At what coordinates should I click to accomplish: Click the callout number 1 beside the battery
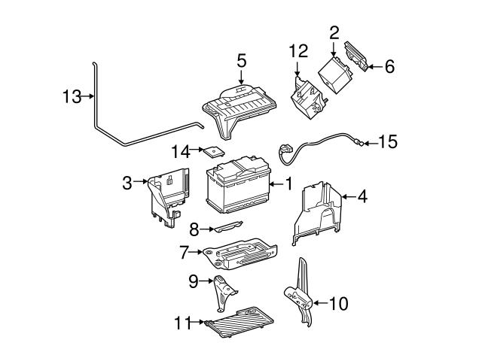[288, 183]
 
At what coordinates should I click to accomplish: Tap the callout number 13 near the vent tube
[71, 96]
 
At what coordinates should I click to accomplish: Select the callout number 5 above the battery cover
[241, 60]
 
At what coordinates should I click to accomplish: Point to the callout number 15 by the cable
[388, 141]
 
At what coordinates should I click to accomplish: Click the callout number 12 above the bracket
[299, 51]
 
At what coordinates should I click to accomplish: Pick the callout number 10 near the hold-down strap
[339, 304]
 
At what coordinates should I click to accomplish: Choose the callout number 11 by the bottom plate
[184, 325]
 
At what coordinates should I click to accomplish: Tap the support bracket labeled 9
[223, 291]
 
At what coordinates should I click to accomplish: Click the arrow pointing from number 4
[347, 197]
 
